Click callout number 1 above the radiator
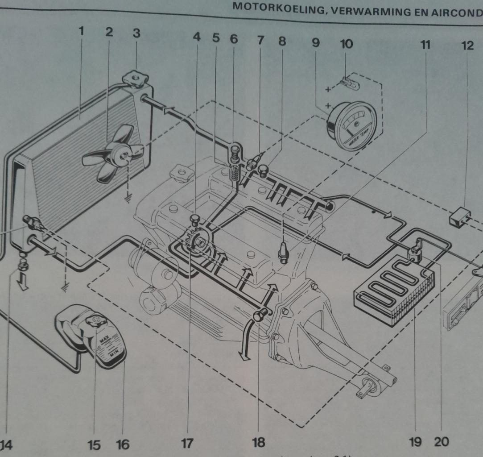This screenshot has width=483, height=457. point(81,33)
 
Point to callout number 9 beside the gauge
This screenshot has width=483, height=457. point(316,44)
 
